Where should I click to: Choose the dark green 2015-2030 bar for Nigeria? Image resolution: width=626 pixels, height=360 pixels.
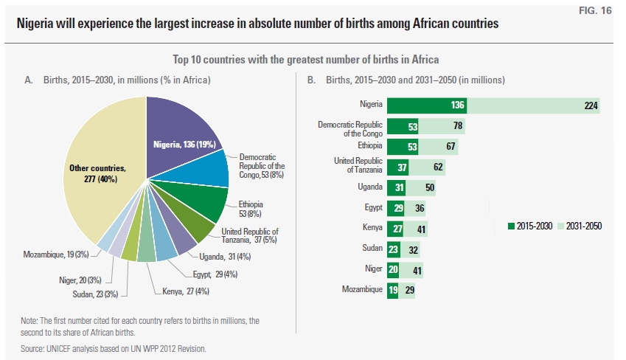(x=426, y=105)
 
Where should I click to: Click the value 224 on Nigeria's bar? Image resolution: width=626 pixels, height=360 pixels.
(x=590, y=105)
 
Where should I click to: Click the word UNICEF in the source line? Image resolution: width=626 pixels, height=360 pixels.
(x=60, y=347)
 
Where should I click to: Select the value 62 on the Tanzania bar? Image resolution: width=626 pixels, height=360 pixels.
(x=438, y=167)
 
